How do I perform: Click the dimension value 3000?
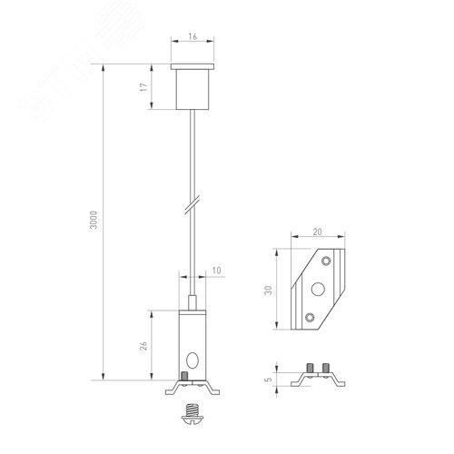[95, 222]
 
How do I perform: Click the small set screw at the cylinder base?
[184, 375]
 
